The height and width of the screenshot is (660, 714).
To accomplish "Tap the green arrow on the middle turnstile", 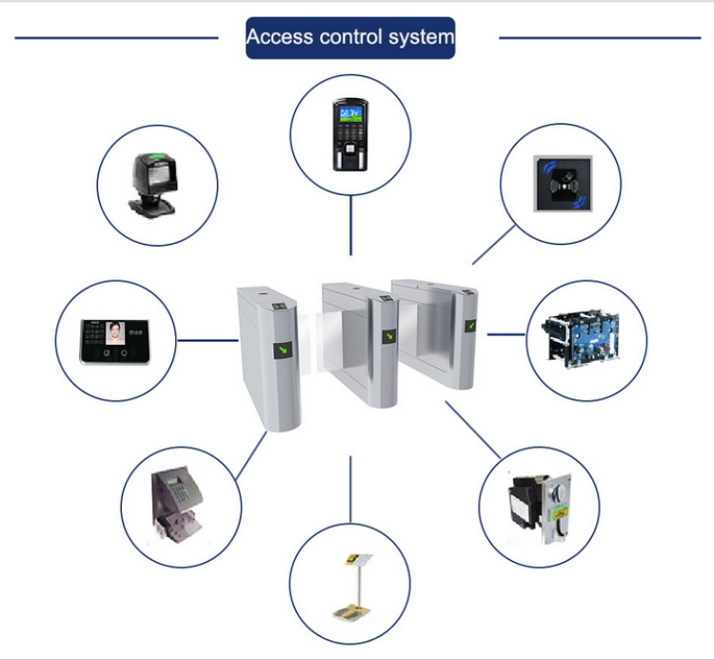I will (388, 335).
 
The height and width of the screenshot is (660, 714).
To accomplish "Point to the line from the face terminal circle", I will (208, 338).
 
